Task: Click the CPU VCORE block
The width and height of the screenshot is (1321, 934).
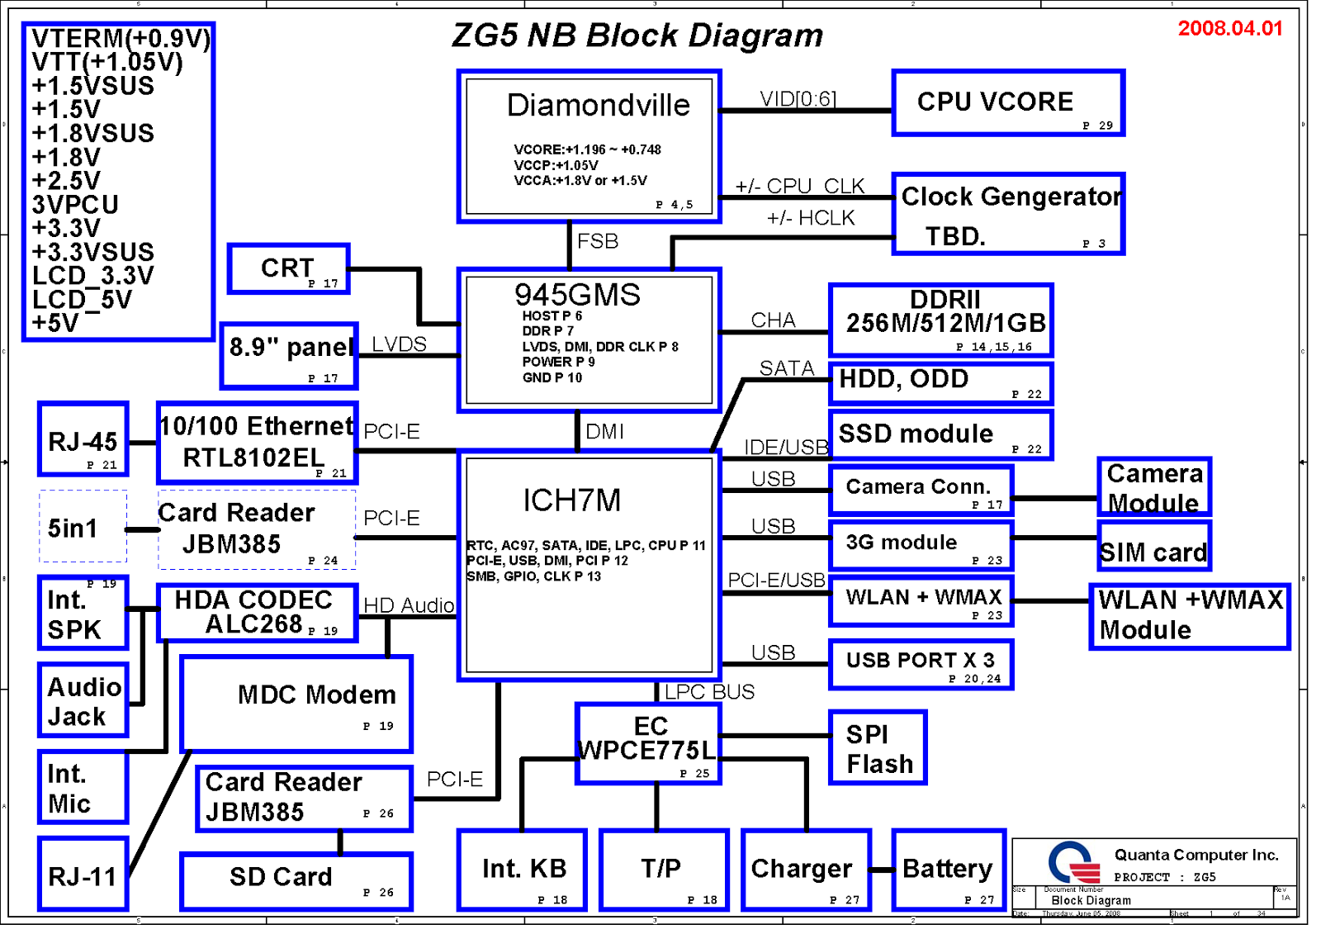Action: coord(1008,103)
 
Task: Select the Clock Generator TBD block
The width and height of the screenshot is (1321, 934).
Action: coord(1008,214)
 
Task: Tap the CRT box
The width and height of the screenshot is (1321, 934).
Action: coord(289,268)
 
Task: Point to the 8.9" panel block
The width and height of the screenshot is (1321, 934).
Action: coord(289,355)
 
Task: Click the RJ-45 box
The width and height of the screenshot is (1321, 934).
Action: coord(83,439)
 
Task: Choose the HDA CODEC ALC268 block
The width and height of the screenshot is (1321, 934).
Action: coord(257,613)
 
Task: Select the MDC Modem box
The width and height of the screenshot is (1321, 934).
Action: coord(296,704)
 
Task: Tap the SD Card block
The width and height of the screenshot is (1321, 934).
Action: coord(296,881)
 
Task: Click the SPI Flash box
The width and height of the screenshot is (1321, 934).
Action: coord(878,747)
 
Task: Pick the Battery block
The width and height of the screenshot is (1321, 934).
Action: coord(949,870)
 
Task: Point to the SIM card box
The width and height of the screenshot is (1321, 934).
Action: coord(1154,547)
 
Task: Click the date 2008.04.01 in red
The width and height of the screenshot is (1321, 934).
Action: coord(1230,29)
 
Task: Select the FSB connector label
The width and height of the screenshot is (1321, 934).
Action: coord(598,241)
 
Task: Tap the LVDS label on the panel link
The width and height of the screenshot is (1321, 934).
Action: coord(400,344)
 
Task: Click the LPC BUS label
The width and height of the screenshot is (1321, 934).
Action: coord(709,692)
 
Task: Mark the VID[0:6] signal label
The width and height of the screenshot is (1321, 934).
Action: coord(798,99)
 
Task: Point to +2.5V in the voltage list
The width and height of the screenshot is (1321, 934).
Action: coord(66,181)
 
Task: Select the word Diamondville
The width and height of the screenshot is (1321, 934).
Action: coord(598,106)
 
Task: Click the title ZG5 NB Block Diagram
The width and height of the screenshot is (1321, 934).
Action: coord(637,36)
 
